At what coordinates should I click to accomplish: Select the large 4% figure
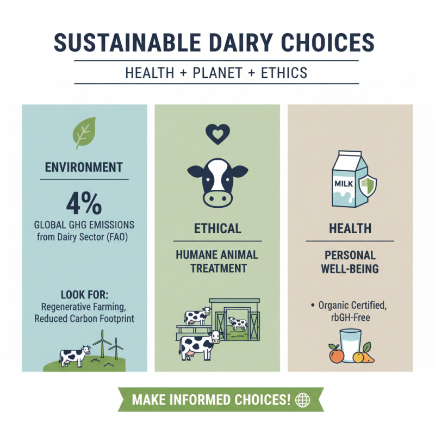pyautogui.click(x=84, y=203)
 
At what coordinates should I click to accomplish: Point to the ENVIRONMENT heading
pyautogui.click(x=84, y=167)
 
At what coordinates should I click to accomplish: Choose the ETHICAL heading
pyautogui.click(x=217, y=229)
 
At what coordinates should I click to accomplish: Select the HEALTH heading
pyautogui.click(x=350, y=229)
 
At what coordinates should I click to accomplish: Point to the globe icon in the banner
pyautogui.click(x=302, y=400)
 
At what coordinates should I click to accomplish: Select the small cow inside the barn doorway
pyautogui.click(x=238, y=323)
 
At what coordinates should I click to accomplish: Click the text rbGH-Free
pyautogui.click(x=350, y=316)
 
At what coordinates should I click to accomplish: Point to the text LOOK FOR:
pyautogui.click(x=84, y=295)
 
